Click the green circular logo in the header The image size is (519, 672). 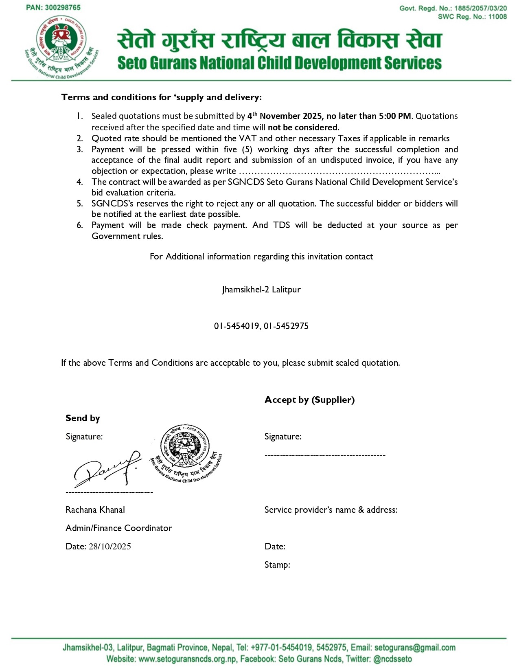click(x=61, y=47)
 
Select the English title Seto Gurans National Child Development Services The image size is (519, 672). click(x=279, y=63)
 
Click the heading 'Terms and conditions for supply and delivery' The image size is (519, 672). click(x=162, y=97)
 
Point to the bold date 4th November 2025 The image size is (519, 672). click(x=285, y=116)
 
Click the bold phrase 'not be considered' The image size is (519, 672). click(x=303, y=127)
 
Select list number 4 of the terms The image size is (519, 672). click(x=80, y=182)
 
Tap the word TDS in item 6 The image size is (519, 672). click(x=281, y=225)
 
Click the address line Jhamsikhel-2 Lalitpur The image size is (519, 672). click(x=261, y=290)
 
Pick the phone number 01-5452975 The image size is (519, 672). click(x=286, y=326)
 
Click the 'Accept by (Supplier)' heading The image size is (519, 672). click(x=309, y=400)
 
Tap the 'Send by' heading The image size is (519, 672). click(x=83, y=418)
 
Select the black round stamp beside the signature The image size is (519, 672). click(x=186, y=453)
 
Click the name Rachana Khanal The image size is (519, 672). click(x=95, y=510)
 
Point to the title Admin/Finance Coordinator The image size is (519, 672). click(x=119, y=528)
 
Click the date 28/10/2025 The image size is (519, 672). click(x=109, y=547)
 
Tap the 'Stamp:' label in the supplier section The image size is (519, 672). click(x=277, y=565)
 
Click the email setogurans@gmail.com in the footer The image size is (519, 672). click(x=415, y=648)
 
